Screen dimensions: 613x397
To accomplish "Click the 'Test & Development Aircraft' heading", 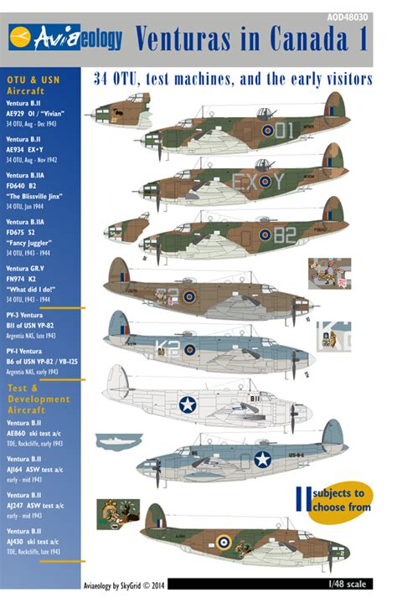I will pyautogui.click(x=39, y=399).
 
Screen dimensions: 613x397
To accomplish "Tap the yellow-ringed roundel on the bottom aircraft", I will pyautogui.click(x=224, y=542).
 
